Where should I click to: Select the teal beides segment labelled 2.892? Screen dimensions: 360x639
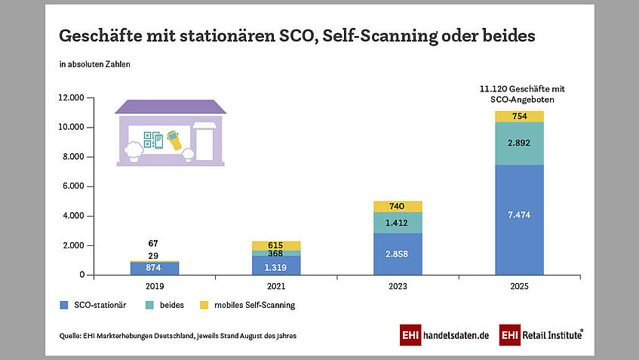pyautogui.click(x=519, y=143)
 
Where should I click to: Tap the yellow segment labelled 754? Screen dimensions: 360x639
pyautogui.click(x=519, y=115)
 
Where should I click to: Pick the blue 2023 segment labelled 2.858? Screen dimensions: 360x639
pyautogui.click(x=398, y=253)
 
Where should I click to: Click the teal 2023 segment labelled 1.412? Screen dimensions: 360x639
pyautogui.click(x=398, y=223)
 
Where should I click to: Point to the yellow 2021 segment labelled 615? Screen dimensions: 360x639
pyautogui.click(x=276, y=245)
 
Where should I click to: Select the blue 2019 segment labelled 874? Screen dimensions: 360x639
pyautogui.click(x=155, y=267)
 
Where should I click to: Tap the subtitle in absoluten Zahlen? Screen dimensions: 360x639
pyautogui.click(x=94, y=64)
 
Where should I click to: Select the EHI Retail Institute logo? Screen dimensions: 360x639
pyautogui.click(x=541, y=334)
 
